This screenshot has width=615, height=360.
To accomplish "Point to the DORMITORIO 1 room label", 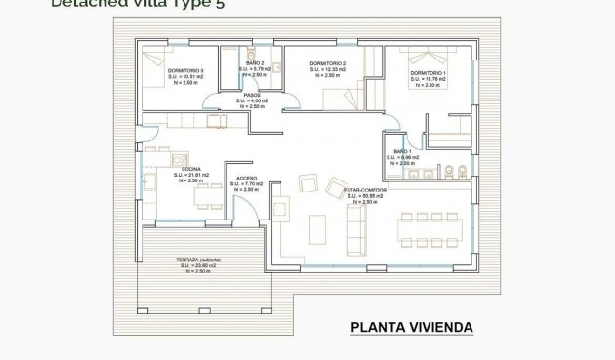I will pos(428,74).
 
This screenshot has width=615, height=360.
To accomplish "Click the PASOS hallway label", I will pos(252,95).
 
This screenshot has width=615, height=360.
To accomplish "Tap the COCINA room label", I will pos(191,169).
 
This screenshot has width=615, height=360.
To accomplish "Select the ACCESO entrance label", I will pos(245,178).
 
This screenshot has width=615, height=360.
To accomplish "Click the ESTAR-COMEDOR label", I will pos(366,190).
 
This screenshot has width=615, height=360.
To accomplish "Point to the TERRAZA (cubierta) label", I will pos(198,259).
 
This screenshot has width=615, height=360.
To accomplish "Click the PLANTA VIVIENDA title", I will pos(411,326).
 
